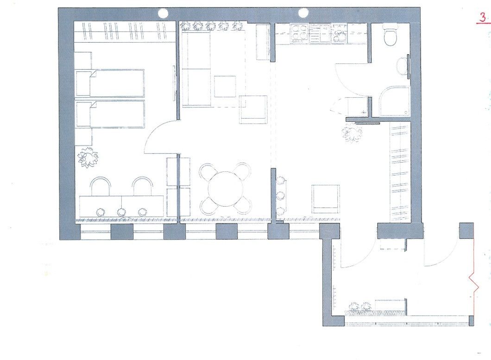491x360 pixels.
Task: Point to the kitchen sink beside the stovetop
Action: coord(339,33)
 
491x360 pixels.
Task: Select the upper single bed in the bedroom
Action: coord(110,83)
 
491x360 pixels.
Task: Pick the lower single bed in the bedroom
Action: coord(110,114)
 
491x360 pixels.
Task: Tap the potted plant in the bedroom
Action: coord(87,157)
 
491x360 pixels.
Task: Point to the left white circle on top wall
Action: coord(163,13)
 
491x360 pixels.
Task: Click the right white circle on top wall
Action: coord(303,13)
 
